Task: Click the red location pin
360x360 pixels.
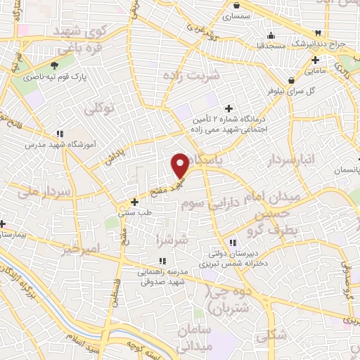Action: click(180, 165)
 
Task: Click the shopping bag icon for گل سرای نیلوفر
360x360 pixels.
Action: click(292, 79)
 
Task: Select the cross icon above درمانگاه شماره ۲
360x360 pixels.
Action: click(229, 108)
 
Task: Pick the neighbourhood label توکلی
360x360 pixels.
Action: click(99, 108)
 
